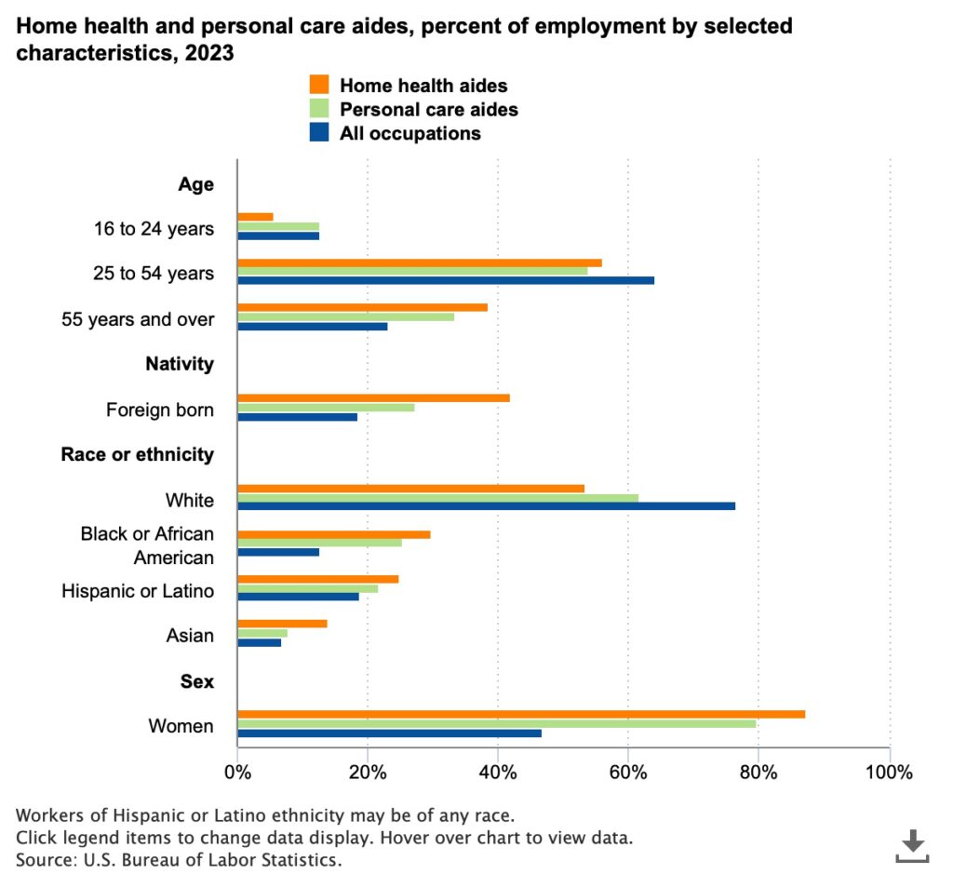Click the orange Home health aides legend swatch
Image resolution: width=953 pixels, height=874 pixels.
[318, 85]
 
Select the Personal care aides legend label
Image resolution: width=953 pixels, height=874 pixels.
[429, 109]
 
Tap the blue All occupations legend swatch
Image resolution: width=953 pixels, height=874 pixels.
[318, 133]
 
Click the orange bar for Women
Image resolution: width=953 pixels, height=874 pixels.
[521, 714]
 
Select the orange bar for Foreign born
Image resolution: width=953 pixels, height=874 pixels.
[373, 397]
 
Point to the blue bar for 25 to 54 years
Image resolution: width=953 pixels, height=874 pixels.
[446, 280]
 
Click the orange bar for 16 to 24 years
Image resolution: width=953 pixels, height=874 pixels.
[255, 217]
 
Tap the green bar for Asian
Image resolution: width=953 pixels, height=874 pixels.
[262, 633]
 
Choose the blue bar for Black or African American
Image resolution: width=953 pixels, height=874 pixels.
[278, 552]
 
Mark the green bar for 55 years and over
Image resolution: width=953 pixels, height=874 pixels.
[345, 316]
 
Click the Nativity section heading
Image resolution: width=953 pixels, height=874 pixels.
[180, 364]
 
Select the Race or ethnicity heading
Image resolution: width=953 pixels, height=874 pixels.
[138, 454]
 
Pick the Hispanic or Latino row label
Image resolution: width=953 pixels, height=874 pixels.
[138, 591]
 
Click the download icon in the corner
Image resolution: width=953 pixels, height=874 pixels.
[913, 844]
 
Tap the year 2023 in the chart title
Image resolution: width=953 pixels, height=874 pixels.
[208, 54]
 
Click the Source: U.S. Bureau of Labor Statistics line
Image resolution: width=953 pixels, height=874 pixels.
[178, 858]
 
